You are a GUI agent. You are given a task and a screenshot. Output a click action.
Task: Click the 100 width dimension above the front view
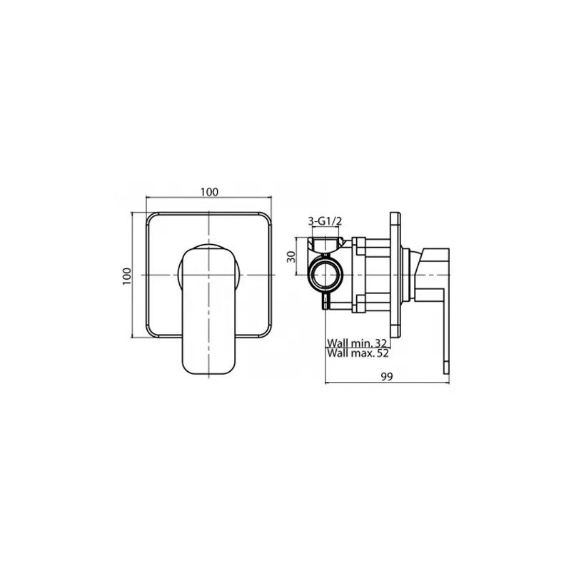coord(209,191)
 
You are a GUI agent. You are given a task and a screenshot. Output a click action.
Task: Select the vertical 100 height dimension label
coord(126,276)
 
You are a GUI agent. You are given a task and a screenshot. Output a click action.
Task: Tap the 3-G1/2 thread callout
coord(325,221)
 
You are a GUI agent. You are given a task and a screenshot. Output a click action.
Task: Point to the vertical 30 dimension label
coord(291,256)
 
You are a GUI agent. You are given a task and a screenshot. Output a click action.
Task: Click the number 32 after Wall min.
coord(380,343)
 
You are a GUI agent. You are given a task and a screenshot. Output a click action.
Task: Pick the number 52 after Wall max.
coord(383,353)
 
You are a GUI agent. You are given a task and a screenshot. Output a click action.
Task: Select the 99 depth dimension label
coord(387,377)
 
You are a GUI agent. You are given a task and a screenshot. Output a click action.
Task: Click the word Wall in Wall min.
coord(336,343)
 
